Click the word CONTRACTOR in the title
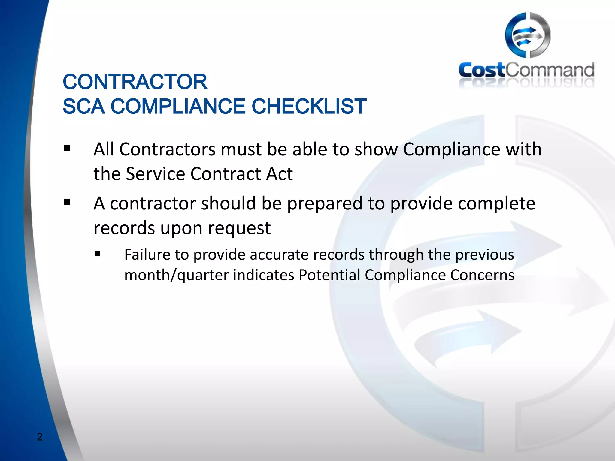(135, 82)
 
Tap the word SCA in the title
(83, 106)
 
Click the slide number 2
(40, 437)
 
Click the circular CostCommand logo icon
(528, 35)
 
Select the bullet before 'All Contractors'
(67, 149)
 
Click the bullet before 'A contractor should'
(67, 203)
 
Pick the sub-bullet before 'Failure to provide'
(97, 254)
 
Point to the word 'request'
(239, 228)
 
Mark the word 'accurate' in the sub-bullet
(279, 255)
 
